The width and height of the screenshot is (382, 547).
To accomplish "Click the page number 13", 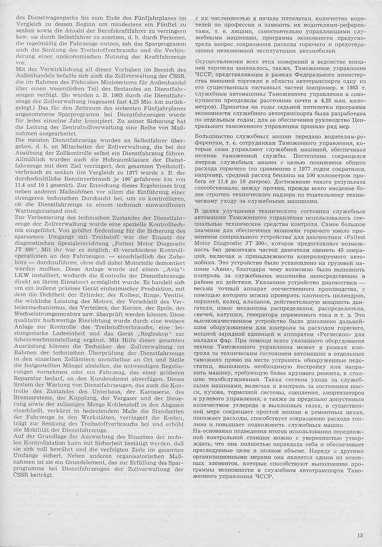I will (360, 534).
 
